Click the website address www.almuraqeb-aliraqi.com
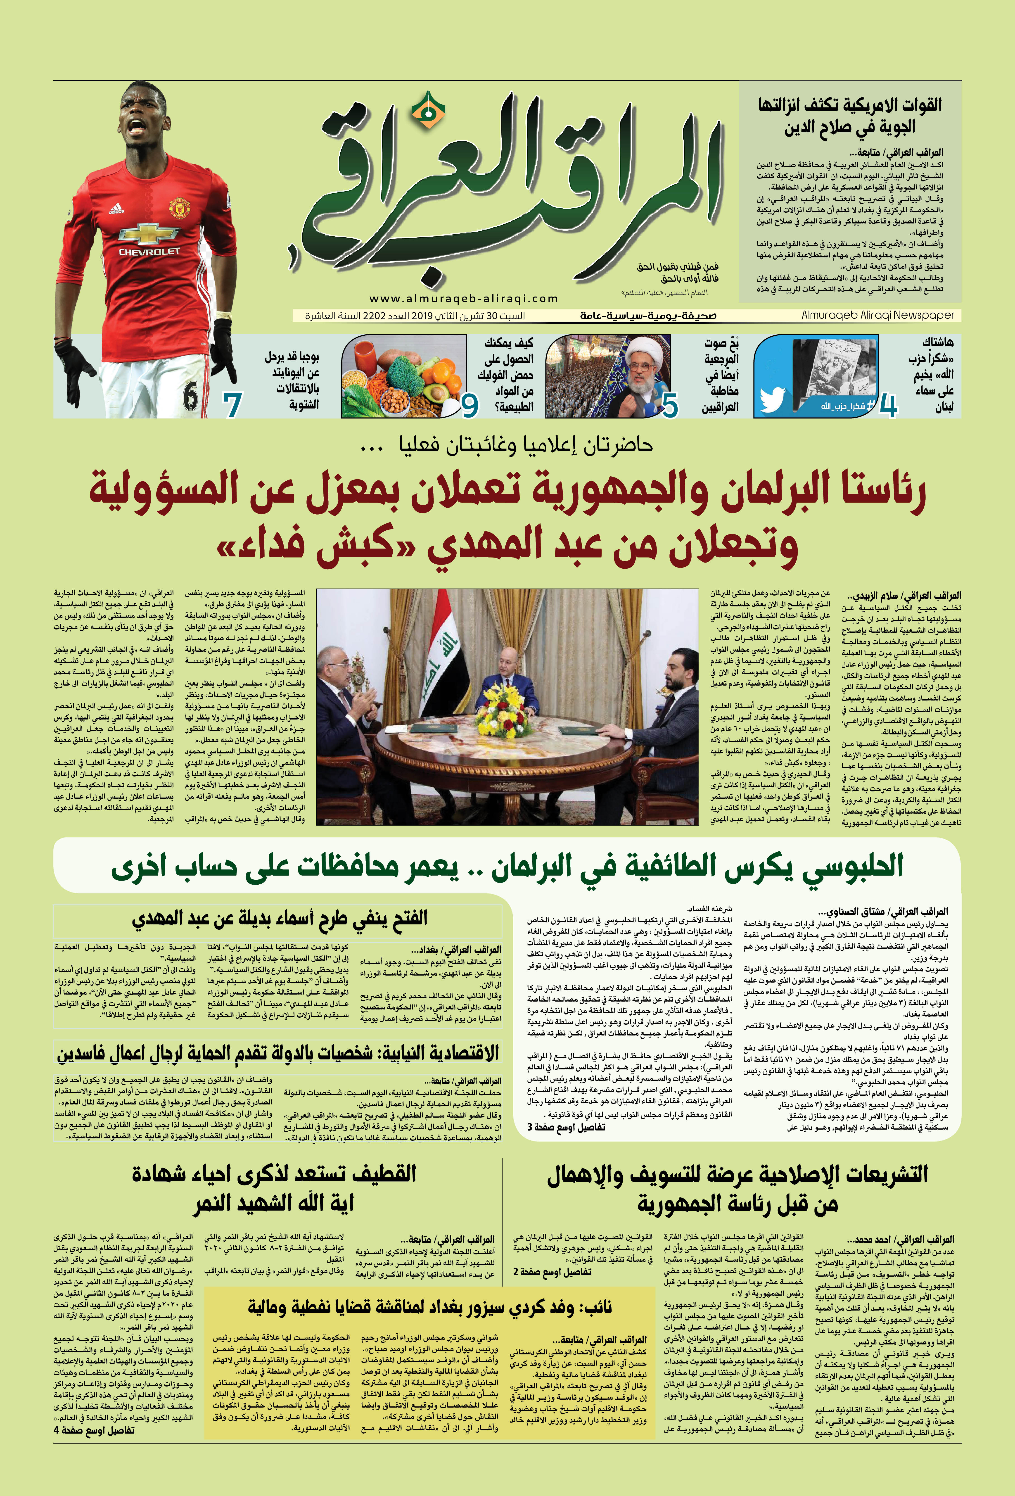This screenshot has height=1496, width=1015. pos(463,299)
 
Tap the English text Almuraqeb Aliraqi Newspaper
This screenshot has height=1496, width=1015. pos(877,316)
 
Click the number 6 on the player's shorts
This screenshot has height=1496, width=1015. pos(190,396)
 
